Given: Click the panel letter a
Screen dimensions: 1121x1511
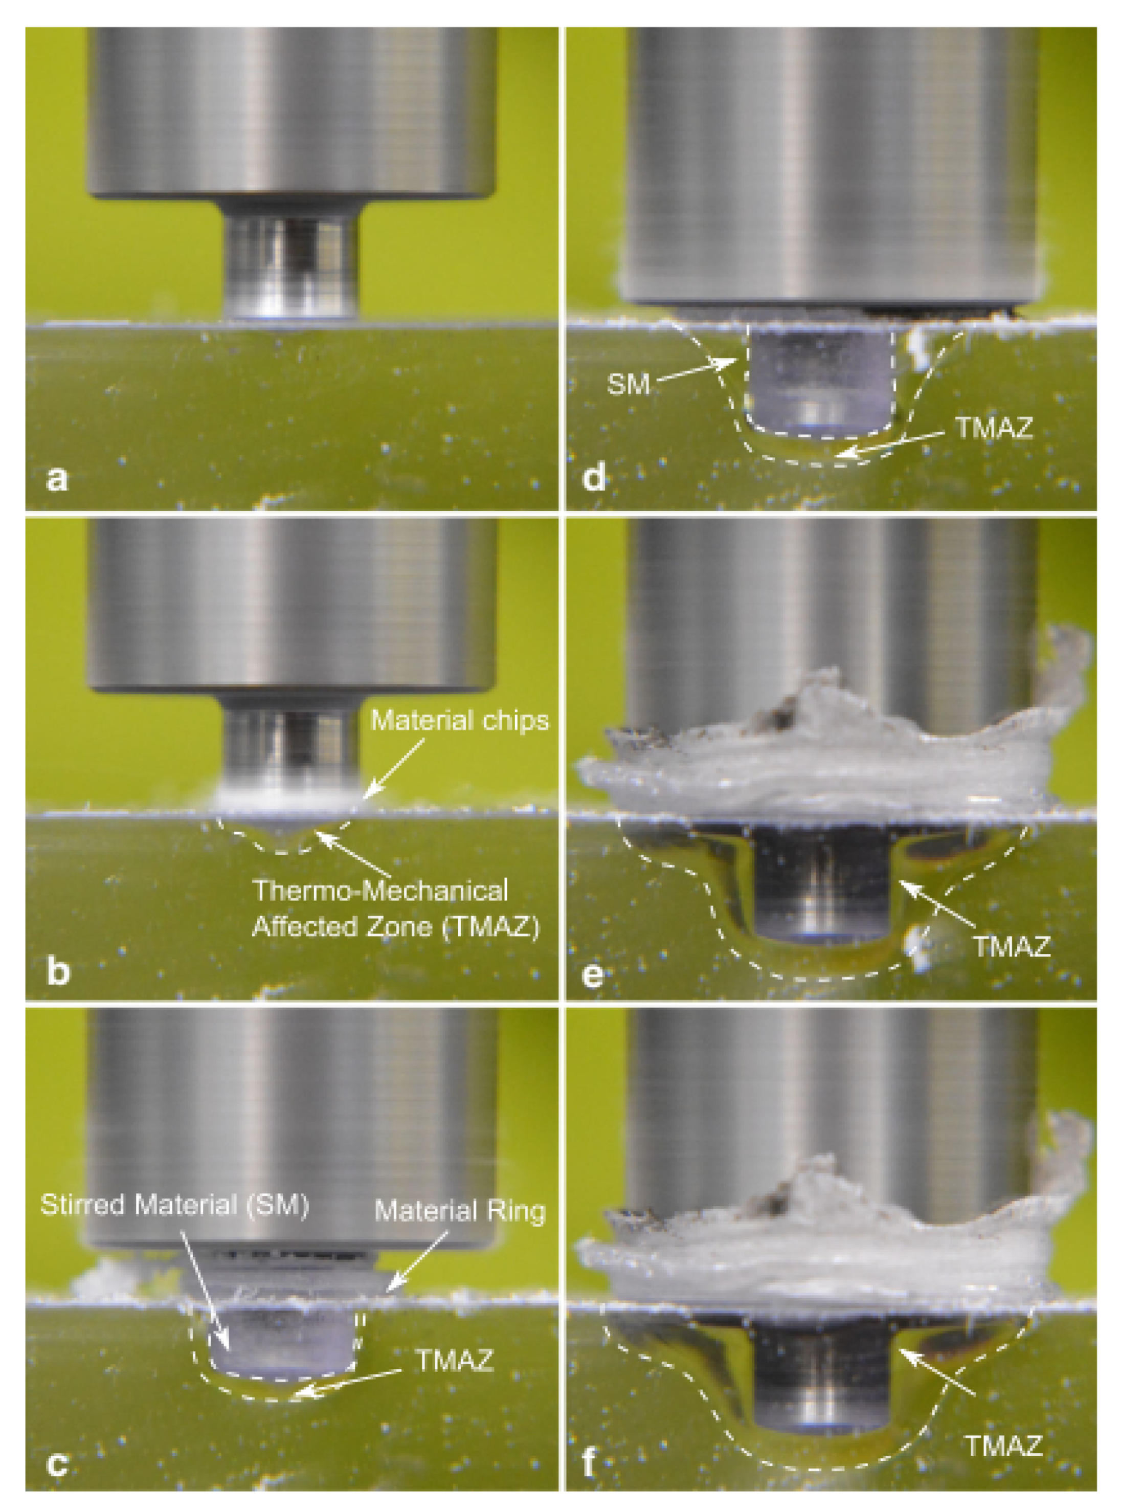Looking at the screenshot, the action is coord(57,479).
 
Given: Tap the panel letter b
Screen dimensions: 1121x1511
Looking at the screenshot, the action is coord(58,971).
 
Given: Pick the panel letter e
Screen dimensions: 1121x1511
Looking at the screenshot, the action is coord(593,975).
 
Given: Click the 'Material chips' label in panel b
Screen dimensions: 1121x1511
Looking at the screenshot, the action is coord(459,720).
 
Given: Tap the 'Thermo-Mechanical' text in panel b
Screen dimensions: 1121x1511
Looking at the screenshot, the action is coord(380,890).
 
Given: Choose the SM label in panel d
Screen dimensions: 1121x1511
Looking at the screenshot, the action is coord(627,385).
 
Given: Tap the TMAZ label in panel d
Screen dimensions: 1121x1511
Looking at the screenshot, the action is coord(994,428).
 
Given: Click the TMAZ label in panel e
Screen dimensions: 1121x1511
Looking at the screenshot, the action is coord(1012,946).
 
